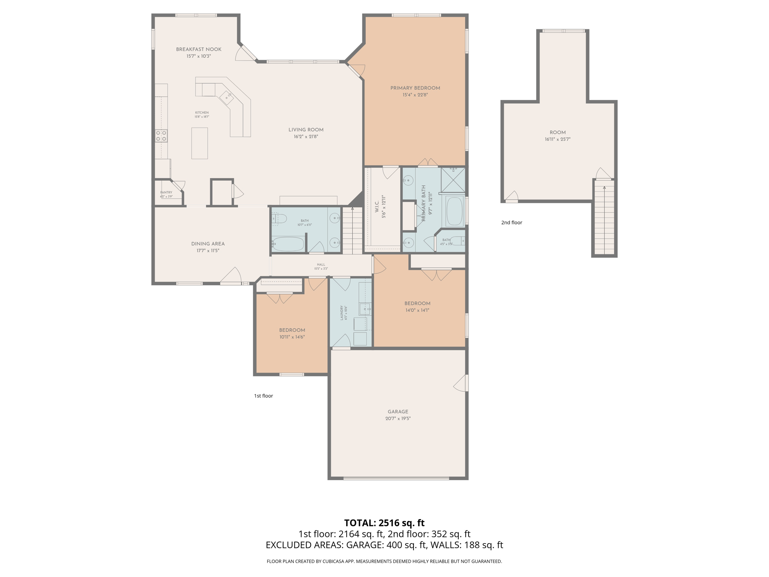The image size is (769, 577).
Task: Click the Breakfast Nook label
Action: pos(199,49)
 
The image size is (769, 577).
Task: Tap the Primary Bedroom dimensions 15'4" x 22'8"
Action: pos(415,95)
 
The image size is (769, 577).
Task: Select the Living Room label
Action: pos(306,130)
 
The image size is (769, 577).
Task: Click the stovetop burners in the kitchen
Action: pos(161,136)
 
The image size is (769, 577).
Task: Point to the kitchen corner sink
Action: pos(226,98)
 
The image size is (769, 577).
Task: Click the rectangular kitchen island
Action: pos(199,143)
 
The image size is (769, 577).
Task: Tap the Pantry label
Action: pos(166,192)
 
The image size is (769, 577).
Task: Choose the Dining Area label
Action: pos(208,244)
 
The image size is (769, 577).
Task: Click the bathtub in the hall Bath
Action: pos(288,244)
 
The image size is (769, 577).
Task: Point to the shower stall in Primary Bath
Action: pos(453,180)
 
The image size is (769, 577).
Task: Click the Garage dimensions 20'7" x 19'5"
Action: pos(398,418)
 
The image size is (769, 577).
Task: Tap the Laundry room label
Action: pos(342,313)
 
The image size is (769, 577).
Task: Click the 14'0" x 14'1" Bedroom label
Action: pos(417,304)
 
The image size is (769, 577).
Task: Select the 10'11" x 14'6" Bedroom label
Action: pos(292,330)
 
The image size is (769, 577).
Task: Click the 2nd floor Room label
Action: pos(557,132)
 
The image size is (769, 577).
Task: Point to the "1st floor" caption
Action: pos(263,396)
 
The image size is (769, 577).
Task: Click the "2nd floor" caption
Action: pos(511,222)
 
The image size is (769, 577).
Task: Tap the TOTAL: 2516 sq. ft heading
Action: pos(384,523)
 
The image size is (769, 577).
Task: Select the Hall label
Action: pos(321,264)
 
